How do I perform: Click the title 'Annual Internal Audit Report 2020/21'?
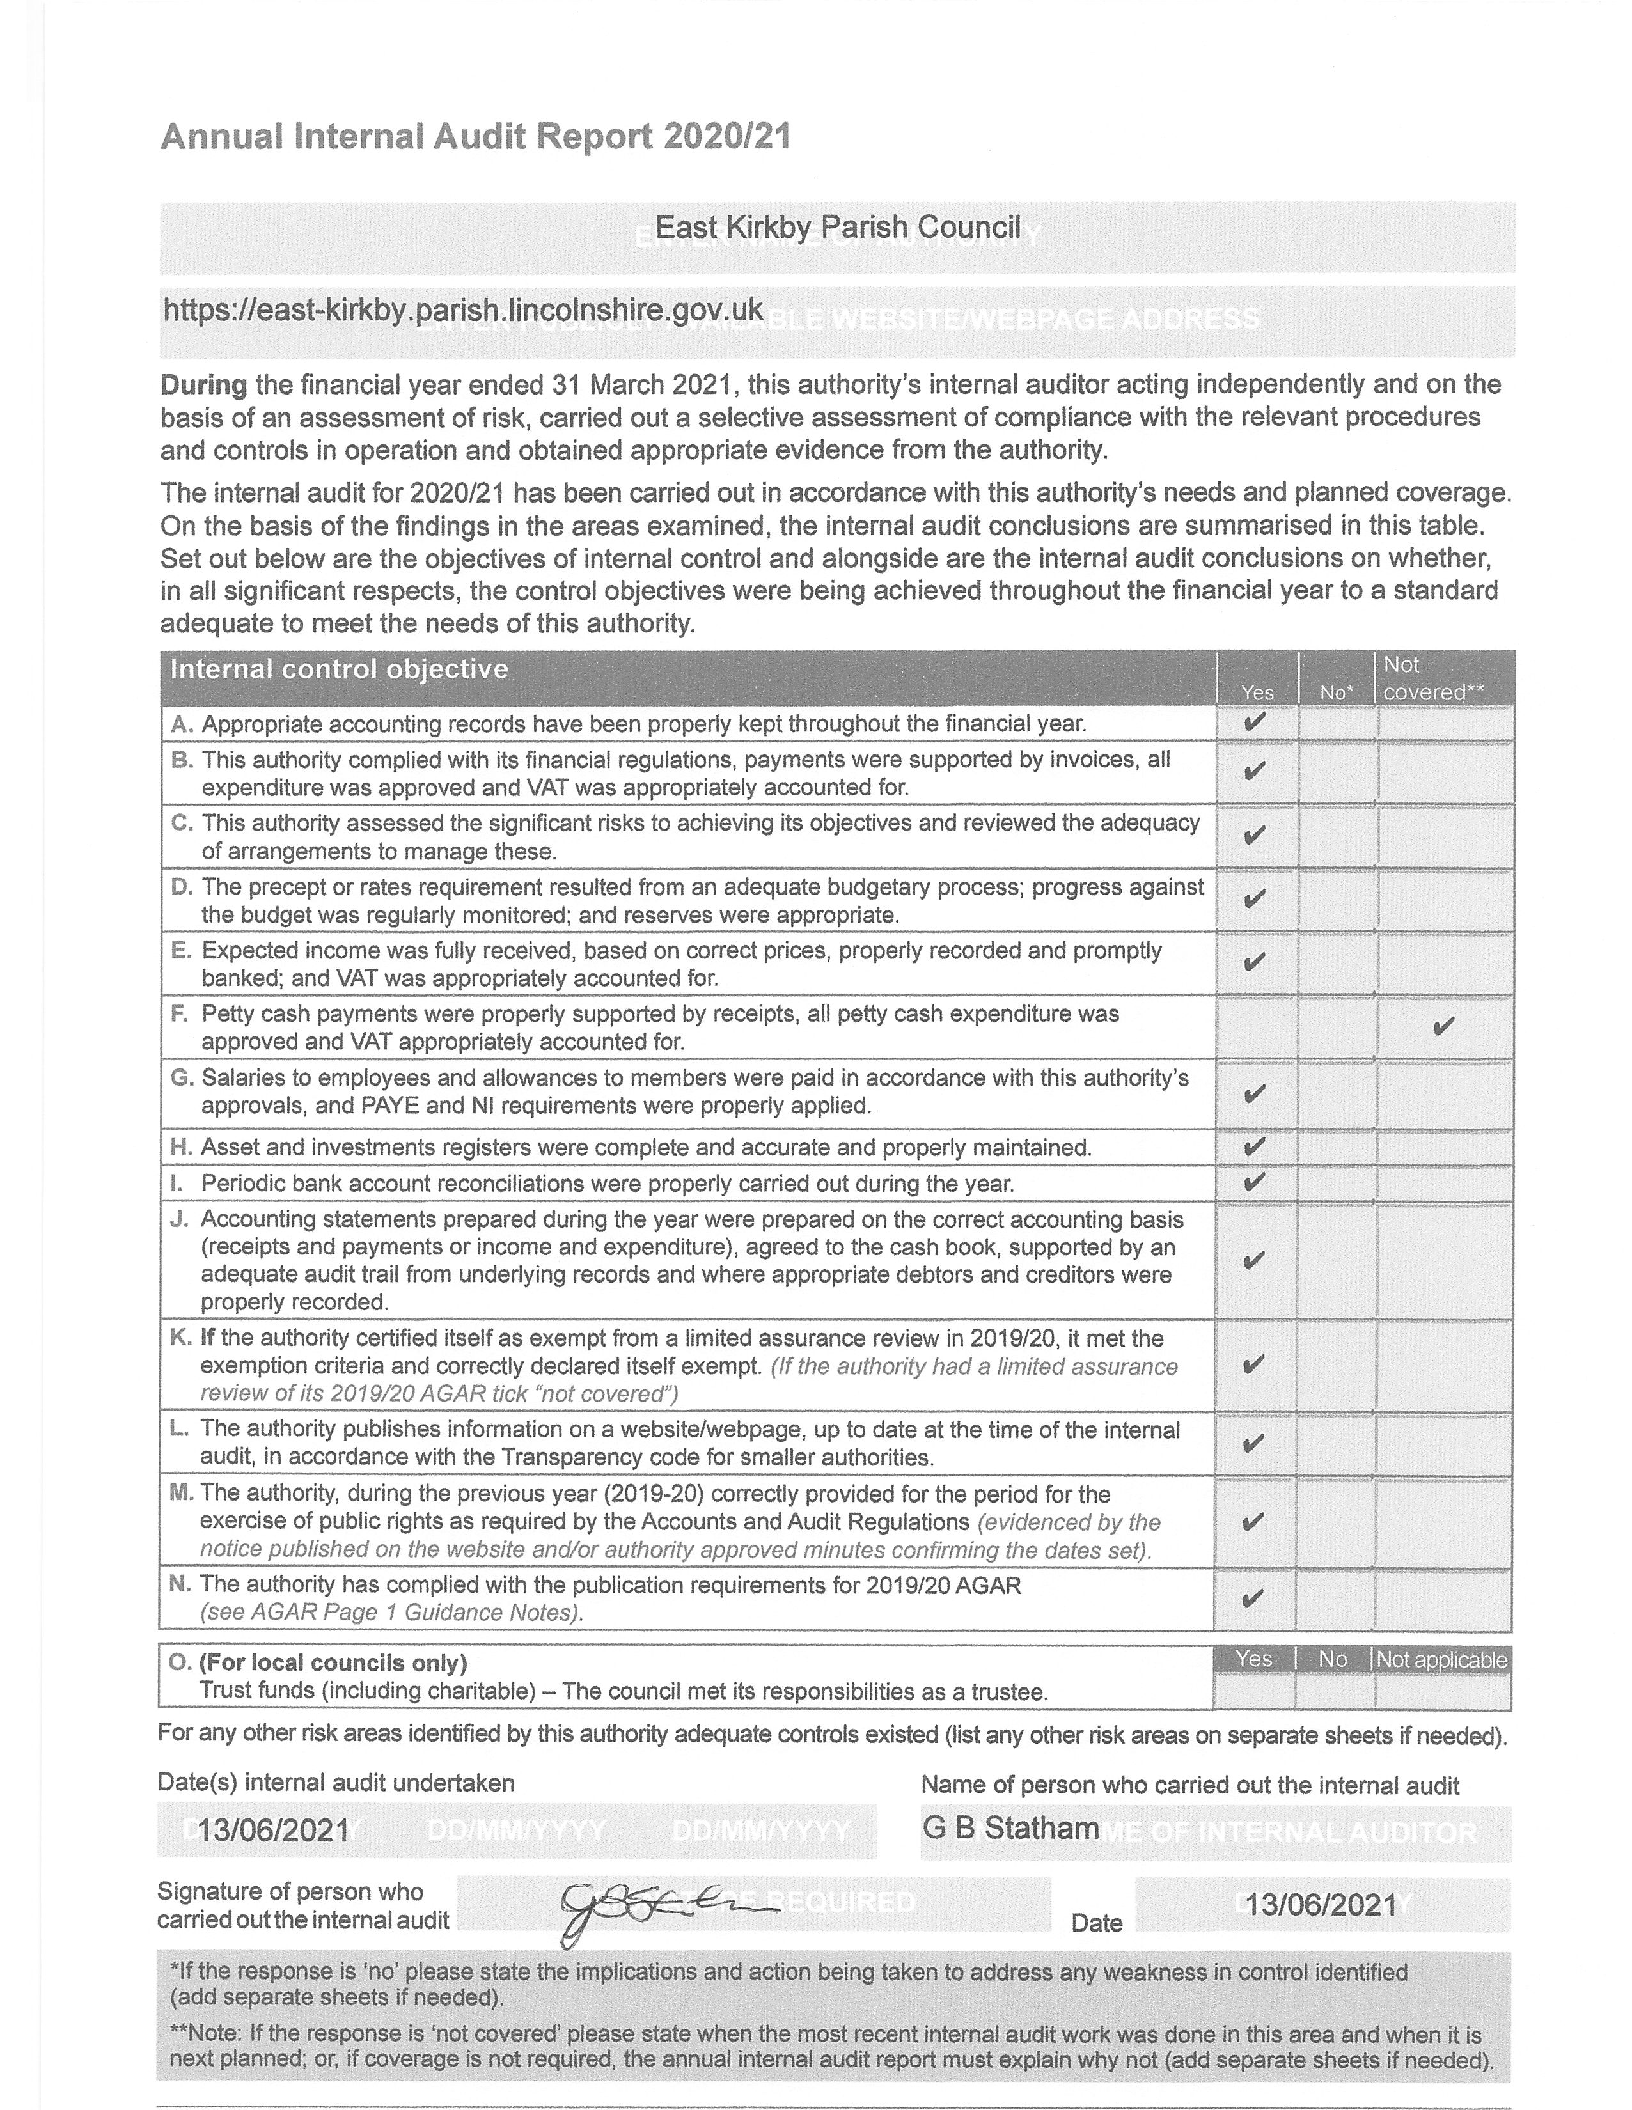(x=475, y=136)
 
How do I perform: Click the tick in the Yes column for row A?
(x=1254, y=723)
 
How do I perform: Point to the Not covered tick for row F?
(x=1443, y=1026)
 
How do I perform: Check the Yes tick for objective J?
(x=1253, y=1260)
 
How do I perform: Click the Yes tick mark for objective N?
(x=1252, y=1598)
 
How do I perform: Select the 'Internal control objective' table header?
(x=339, y=669)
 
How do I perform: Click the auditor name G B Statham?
(x=1010, y=1828)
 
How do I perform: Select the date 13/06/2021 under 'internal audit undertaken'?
(x=274, y=1830)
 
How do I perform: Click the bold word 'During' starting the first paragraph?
(x=204, y=384)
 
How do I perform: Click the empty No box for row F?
(x=1337, y=1026)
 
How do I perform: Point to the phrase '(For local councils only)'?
(x=333, y=1662)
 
